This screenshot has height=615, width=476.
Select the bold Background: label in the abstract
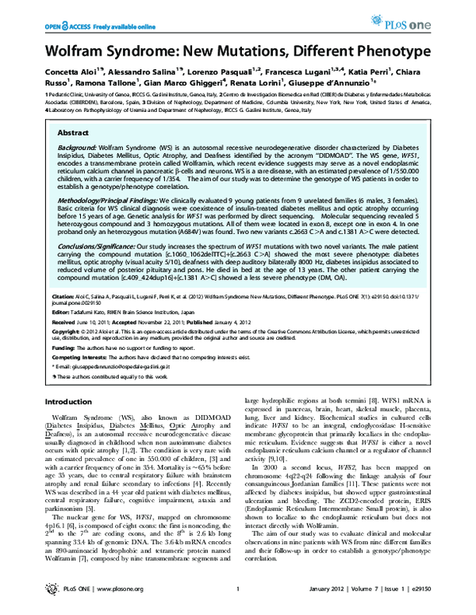(x=80, y=148)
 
